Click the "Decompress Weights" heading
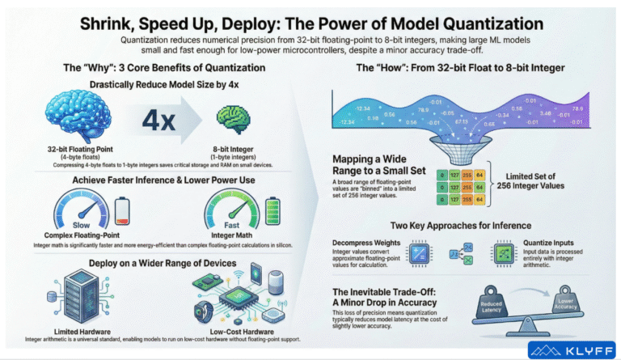(x=369, y=241)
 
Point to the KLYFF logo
(x=570, y=349)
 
